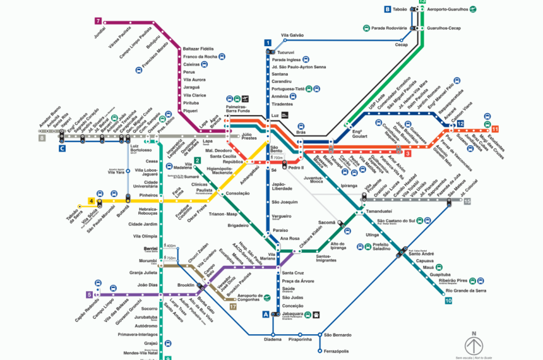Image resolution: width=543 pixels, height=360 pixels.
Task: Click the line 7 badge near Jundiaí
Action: pos(98,21)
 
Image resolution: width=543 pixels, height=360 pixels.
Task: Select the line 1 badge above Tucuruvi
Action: pos(268,43)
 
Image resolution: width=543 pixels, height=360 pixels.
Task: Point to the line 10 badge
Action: pos(448,301)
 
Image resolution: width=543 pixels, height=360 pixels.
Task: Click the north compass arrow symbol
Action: pos(474,345)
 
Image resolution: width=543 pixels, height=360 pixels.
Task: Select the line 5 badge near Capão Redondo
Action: pos(89,294)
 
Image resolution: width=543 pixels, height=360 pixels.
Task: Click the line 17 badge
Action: pos(233,307)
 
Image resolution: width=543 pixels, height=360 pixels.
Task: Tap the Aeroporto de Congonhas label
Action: pos(241,297)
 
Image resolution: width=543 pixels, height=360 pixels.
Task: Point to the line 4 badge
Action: pos(92,201)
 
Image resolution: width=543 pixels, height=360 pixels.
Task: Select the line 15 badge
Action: pos(467,201)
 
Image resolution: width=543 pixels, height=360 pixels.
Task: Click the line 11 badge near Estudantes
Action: pos(495,129)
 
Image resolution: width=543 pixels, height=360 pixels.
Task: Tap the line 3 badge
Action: pos(408,153)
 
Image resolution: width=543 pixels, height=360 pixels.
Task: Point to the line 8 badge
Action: pos(42,137)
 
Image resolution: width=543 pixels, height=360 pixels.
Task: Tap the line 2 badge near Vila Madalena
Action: pos(198,160)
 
